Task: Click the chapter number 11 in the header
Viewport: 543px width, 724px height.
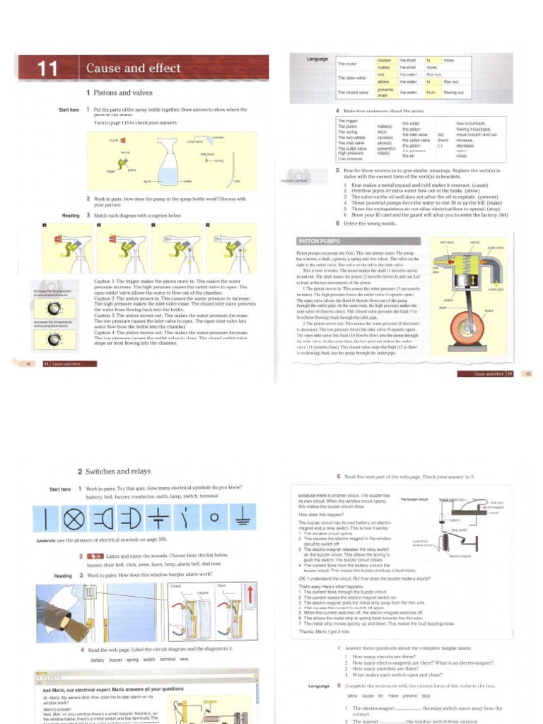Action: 47,69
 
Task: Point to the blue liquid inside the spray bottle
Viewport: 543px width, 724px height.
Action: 168,175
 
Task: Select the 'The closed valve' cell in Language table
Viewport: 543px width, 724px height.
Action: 353,93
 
